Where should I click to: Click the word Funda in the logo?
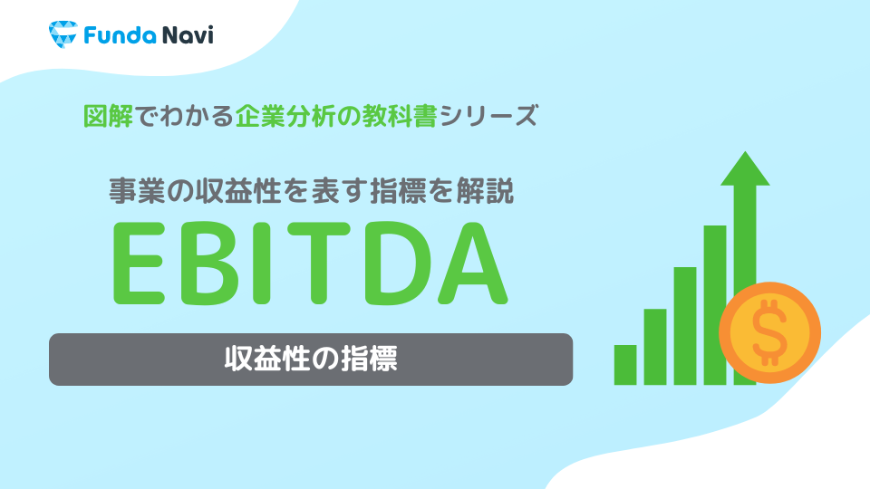click(x=111, y=36)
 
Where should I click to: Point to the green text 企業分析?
click(x=276, y=116)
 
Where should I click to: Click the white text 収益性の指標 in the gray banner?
click(x=310, y=359)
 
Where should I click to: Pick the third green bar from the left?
click(x=684, y=326)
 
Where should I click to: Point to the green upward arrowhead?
click(x=744, y=172)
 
